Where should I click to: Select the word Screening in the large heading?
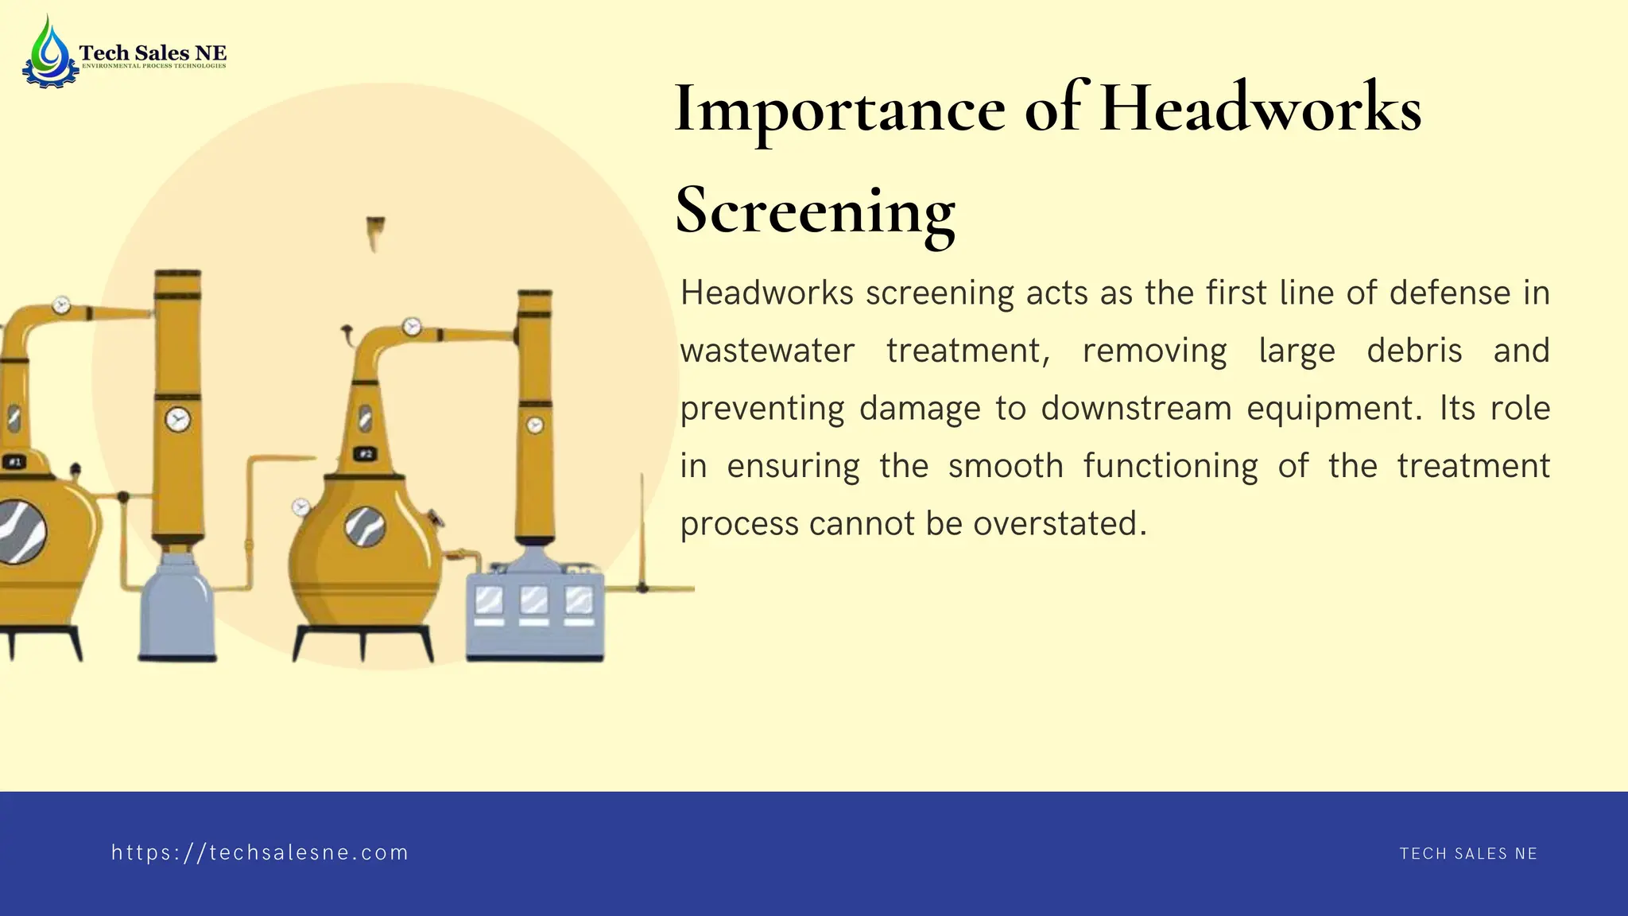coord(815,211)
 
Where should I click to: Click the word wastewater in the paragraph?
coord(767,351)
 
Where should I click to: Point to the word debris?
coord(1414,351)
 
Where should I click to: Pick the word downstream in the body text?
coord(1135,409)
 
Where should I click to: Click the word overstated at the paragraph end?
coord(1060,524)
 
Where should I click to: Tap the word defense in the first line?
coord(1449,293)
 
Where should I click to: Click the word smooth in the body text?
coord(1006,466)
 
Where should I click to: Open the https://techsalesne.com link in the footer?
coord(260,853)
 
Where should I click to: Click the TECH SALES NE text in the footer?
coord(1468,854)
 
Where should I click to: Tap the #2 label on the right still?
coord(365,454)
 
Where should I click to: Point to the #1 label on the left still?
coord(15,462)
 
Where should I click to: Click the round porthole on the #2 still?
coord(366,526)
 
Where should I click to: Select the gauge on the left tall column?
coord(177,419)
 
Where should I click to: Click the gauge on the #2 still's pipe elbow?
coord(411,327)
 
